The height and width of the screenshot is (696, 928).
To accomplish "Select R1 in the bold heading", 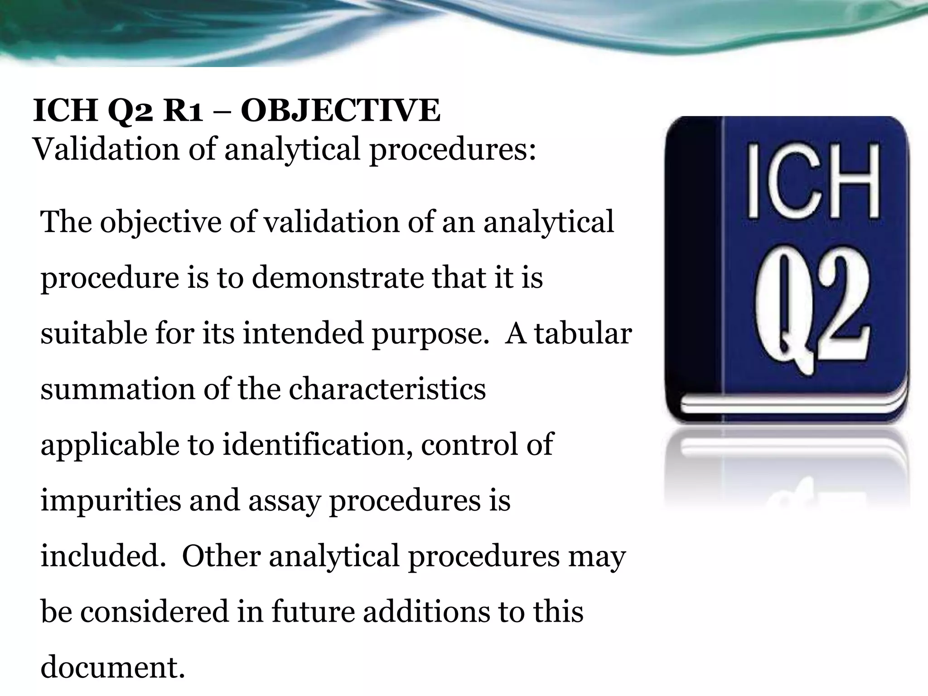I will pyautogui.click(x=183, y=111).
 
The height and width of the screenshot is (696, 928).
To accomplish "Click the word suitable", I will pyautogui.click(x=93, y=333).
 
